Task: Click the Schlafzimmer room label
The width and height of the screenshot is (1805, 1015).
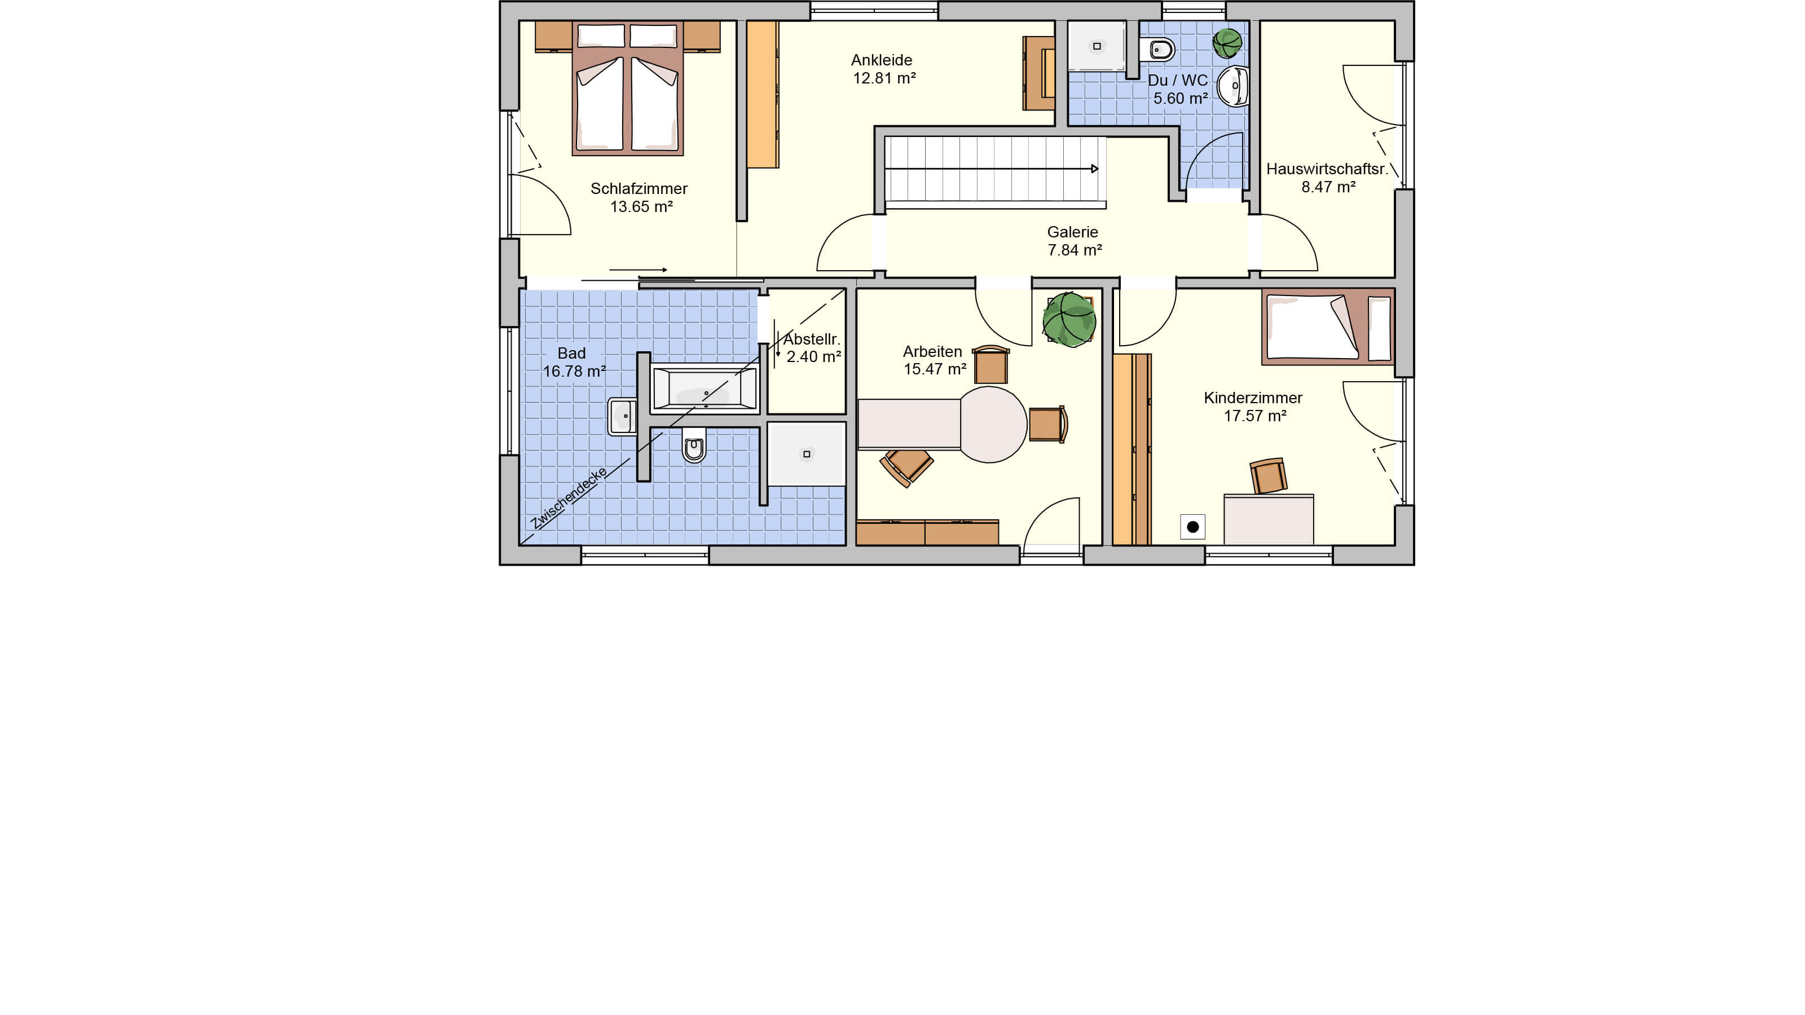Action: click(639, 188)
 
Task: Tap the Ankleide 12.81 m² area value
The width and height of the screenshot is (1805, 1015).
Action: click(884, 78)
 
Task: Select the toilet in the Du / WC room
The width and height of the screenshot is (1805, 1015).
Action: click(1157, 50)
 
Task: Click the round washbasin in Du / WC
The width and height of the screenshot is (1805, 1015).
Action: click(1233, 86)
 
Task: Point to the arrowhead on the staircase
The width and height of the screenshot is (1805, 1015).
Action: click(1094, 169)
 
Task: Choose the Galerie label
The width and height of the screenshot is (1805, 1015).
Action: click(1072, 232)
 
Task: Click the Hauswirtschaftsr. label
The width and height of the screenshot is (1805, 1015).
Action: click(1327, 169)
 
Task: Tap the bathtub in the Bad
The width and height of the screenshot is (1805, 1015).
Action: click(705, 387)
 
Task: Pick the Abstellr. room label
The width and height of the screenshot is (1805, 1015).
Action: click(812, 339)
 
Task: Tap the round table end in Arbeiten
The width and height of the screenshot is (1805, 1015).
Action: click(993, 425)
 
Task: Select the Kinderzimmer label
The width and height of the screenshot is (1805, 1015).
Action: click(1253, 398)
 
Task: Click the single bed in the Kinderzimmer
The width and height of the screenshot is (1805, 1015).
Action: click(1328, 327)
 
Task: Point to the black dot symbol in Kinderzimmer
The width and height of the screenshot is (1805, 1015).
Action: click(1192, 527)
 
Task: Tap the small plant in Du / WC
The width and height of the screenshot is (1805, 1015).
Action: click(1227, 43)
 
